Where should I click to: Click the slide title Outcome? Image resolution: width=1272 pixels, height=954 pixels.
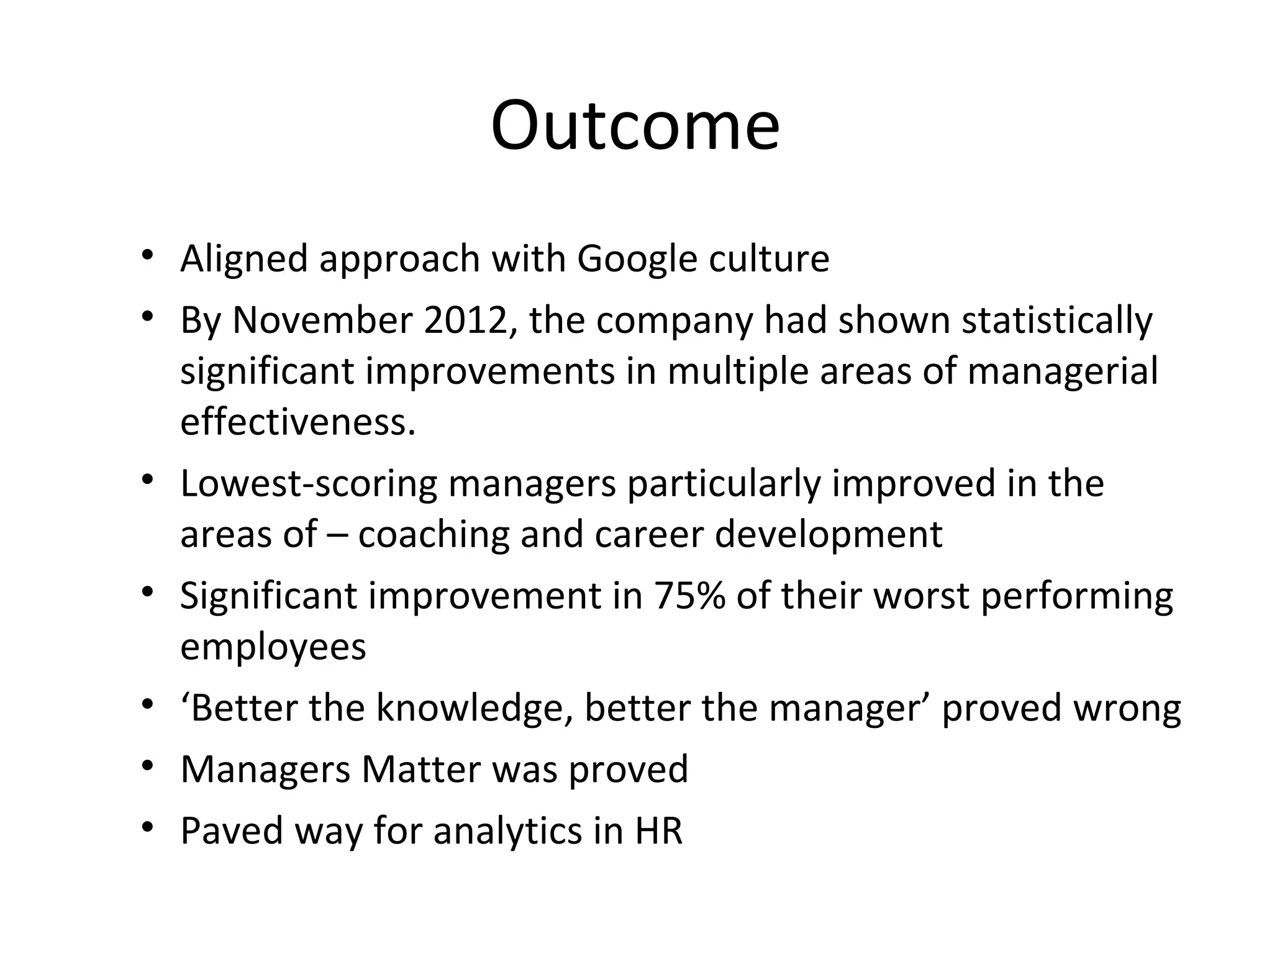pos(635,126)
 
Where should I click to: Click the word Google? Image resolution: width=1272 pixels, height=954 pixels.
pos(637,260)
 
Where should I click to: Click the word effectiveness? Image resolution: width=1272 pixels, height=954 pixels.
pos(298,422)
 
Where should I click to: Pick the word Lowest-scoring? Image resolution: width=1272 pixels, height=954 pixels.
pos(309,485)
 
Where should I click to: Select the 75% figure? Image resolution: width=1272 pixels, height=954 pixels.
pos(689,596)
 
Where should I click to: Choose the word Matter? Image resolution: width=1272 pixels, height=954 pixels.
pos(420,770)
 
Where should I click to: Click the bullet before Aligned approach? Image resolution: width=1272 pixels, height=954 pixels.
pos(147,255)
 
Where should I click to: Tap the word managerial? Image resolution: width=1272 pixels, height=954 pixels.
pos(1062,371)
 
